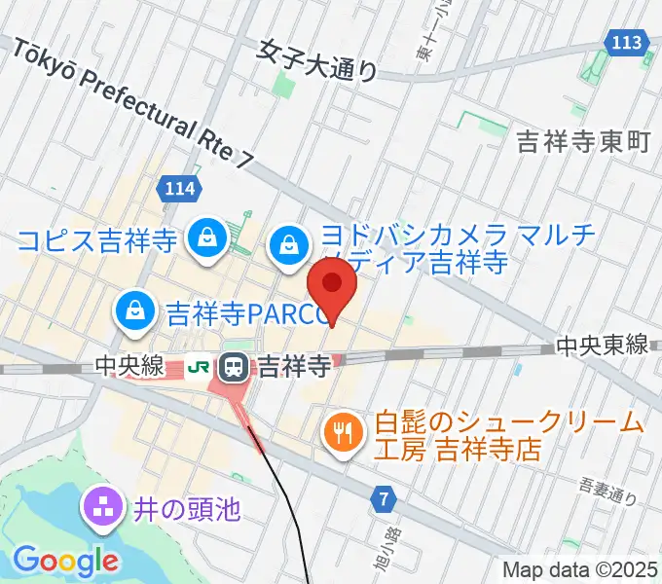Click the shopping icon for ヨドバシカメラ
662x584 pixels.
point(290,240)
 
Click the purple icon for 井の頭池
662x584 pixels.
point(101,506)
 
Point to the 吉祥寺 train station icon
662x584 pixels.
point(234,367)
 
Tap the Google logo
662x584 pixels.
point(66,560)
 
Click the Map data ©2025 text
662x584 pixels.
point(579,569)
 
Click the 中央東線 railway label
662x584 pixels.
point(602,346)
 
